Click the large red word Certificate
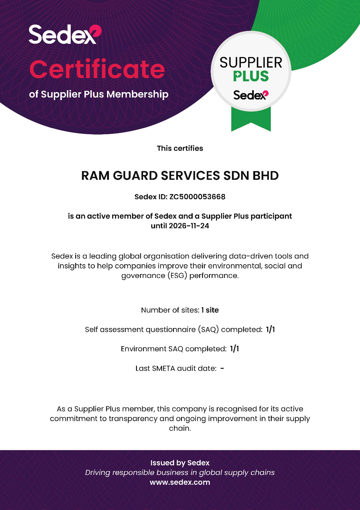97,69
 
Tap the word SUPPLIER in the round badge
251,63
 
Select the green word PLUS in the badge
251,76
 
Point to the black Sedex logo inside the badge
251,95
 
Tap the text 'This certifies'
180,148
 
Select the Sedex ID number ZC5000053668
197,197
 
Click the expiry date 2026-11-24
189,226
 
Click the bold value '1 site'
210,310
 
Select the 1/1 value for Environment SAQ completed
234,349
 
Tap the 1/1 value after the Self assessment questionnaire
270,329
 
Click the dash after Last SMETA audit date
222,368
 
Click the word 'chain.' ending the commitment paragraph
180,428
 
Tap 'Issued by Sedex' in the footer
180,463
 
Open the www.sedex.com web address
180,482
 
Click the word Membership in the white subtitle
137,94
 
